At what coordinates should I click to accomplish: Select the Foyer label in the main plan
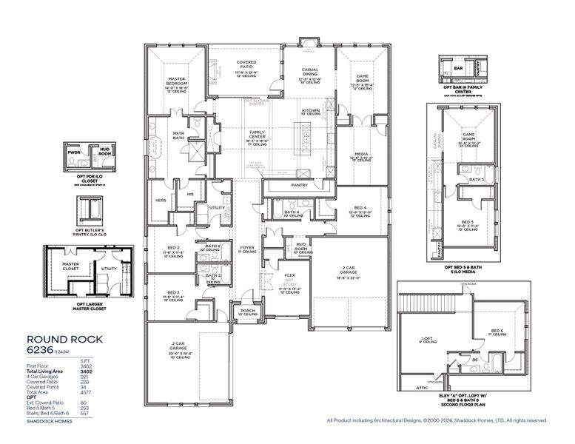click(x=246, y=247)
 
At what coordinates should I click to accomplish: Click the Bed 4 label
click(x=359, y=208)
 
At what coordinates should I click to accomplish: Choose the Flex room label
click(x=289, y=275)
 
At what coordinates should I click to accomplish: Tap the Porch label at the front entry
click(x=247, y=311)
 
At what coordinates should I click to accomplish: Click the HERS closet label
click(x=161, y=201)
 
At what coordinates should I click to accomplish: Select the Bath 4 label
click(x=292, y=212)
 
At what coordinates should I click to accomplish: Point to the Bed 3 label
click(x=174, y=293)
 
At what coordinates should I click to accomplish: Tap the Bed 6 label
click(x=498, y=330)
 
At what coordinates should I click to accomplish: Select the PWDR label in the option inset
click(x=74, y=152)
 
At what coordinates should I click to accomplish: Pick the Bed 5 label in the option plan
click(x=467, y=221)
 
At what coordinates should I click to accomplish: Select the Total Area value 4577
click(x=96, y=391)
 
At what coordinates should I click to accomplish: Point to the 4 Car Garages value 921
click(x=97, y=378)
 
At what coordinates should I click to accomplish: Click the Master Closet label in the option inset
click(x=70, y=265)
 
